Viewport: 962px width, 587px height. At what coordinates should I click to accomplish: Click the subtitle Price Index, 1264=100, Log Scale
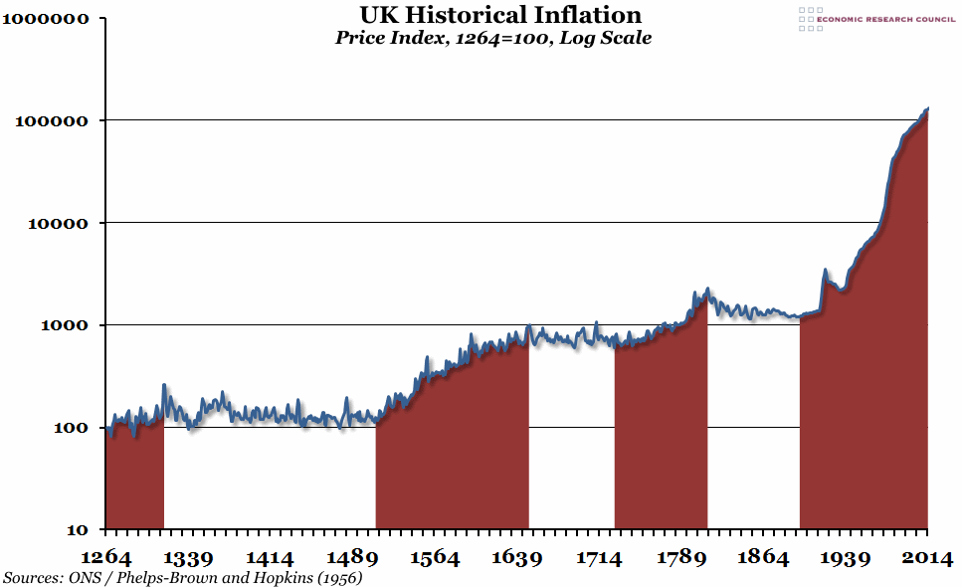coord(493,39)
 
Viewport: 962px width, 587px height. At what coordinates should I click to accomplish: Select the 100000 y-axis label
coord(52,121)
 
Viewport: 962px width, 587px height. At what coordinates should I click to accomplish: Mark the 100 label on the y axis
coord(68,428)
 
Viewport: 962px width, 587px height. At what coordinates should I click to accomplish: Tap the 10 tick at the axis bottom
coord(76,530)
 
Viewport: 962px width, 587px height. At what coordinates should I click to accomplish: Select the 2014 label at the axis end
coord(924,557)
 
